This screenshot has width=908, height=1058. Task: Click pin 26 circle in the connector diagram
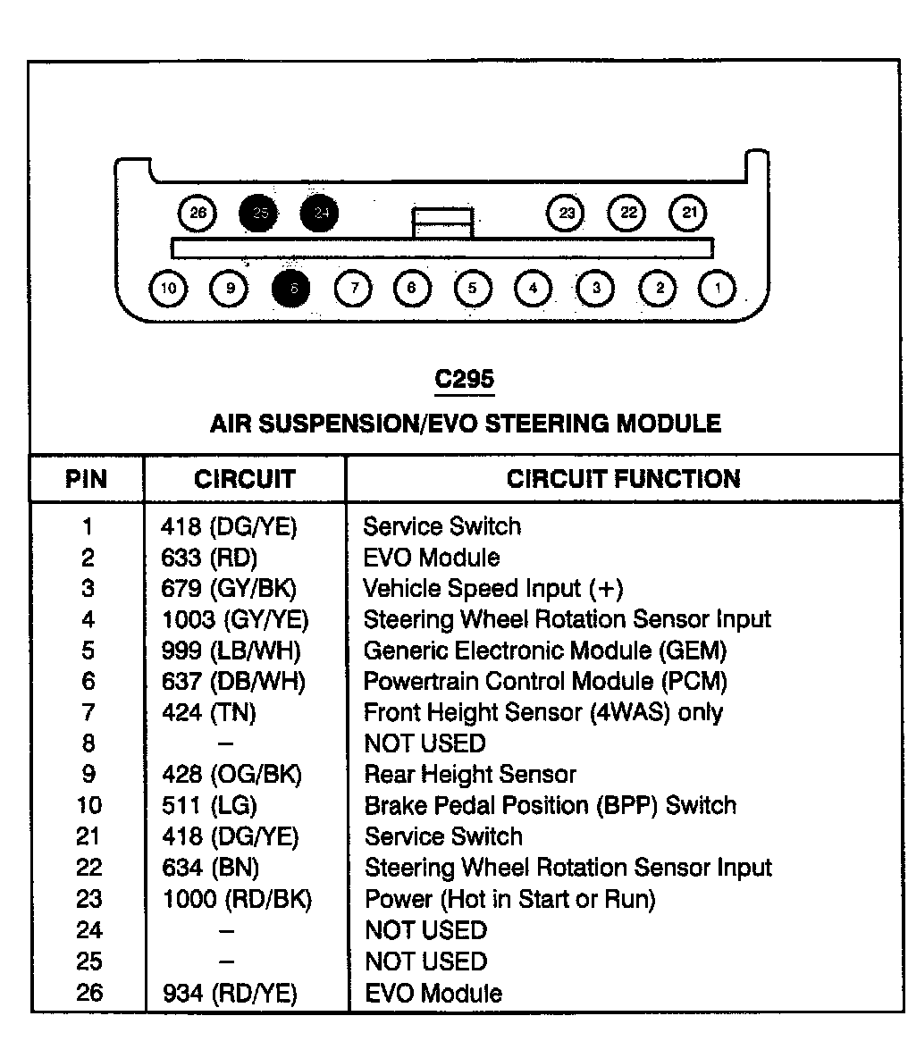pos(198,213)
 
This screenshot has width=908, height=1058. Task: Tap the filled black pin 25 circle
pos(259,213)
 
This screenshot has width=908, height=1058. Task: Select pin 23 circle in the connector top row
pos(566,213)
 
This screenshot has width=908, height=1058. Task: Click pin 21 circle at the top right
pos(688,213)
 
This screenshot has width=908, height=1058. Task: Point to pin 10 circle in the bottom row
pos(169,288)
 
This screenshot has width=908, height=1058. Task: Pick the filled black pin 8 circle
pos(292,288)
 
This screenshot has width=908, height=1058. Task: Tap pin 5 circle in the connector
pos(473,288)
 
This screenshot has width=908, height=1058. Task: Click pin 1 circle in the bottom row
pos(718,288)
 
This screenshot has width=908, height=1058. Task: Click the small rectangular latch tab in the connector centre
pos(442,223)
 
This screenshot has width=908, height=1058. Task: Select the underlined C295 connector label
pos(464,380)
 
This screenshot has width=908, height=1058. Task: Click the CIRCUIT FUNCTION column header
pos(623,479)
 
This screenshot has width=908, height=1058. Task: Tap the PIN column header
pos(86,479)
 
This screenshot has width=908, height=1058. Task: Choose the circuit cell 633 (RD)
pos(209,558)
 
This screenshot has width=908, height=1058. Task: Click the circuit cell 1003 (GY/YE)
pos(234,619)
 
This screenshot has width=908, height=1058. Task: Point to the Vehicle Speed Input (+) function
pos(492,589)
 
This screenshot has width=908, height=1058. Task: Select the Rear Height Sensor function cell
pos(470,774)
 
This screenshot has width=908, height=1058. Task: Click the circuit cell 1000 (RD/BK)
pos(237,899)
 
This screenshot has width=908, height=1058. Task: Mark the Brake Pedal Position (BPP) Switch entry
pos(550,805)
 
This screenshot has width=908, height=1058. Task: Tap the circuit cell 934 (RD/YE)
pos(230,993)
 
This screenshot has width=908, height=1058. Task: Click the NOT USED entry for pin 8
pos(425,743)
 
